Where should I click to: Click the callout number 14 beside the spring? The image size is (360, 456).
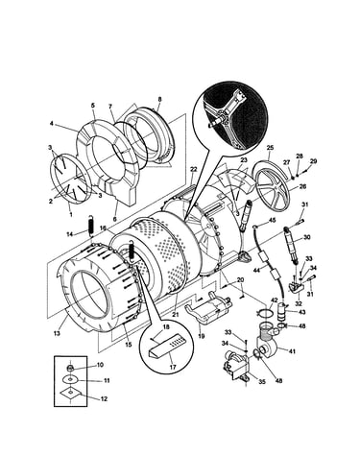click(70, 234)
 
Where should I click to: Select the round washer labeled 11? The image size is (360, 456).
click(70, 379)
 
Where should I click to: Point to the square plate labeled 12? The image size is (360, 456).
click(71, 394)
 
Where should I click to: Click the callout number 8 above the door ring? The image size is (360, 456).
click(159, 100)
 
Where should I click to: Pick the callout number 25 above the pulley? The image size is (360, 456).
click(270, 148)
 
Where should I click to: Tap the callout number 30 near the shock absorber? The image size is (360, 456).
click(307, 237)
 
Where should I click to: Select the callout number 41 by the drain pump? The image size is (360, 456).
click(292, 351)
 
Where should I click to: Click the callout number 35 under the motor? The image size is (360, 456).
click(262, 382)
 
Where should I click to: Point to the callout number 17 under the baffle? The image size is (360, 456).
click(173, 368)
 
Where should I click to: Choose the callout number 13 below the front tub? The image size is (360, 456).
click(57, 333)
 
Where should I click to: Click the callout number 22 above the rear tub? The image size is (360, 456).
click(193, 169)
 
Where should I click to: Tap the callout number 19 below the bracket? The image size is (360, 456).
click(201, 336)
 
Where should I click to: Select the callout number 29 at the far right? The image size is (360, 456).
click(313, 161)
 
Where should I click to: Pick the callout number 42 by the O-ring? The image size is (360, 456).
click(274, 300)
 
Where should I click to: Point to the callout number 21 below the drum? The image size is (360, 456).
click(175, 315)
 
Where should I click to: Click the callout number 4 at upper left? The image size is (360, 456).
click(51, 123)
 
